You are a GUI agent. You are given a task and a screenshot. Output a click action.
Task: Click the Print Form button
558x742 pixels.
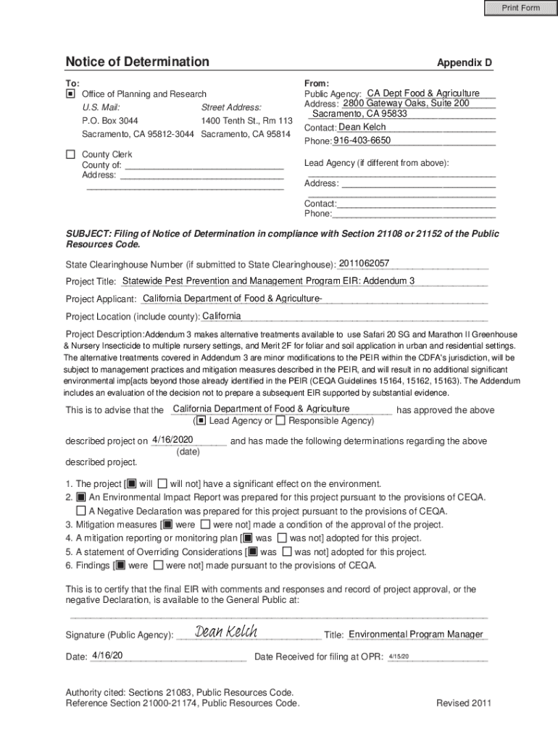click(x=521, y=8)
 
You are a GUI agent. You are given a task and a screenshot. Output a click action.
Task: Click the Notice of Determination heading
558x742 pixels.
click(x=137, y=62)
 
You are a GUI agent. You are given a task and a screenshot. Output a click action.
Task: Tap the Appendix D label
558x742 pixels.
click(x=464, y=63)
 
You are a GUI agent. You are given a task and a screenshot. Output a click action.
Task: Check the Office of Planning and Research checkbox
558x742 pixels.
click(x=70, y=94)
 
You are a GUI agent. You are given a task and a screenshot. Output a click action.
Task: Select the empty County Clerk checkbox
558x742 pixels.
click(x=70, y=154)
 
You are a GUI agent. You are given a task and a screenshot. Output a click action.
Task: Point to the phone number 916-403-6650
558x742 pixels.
click(x=362, y=140)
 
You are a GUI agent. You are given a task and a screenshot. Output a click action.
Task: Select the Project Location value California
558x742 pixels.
click(x=221, y=316)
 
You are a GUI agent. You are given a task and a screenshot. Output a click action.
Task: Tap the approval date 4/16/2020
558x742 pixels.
click(x=172, y=440)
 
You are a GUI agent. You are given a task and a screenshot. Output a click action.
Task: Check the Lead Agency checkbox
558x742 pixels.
click(x=201, y=420)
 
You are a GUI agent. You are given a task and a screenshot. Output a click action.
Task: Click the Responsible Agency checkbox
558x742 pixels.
click(x=280, y=420)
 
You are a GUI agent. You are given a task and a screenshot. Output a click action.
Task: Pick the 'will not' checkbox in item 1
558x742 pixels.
click(x=162, y=483)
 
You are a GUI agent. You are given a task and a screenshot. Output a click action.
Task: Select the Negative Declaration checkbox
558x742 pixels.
click(x=81, y=511)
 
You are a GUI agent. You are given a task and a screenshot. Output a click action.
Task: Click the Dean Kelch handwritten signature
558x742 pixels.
click(x=226, y=633)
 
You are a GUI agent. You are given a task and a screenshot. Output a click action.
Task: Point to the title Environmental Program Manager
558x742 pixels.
click(x=415, y=635)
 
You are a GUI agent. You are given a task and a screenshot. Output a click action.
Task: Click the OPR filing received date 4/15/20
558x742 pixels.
click(x=399, y=656)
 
